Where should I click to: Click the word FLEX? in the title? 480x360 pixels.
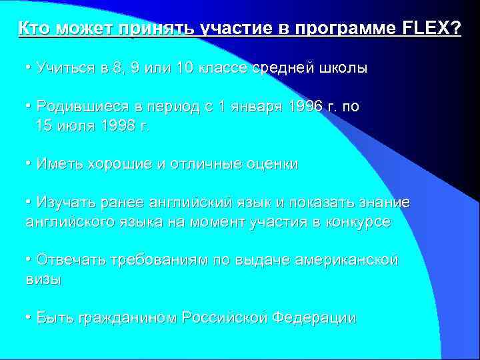click(432, 29)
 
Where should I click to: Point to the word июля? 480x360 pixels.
click(70, 126)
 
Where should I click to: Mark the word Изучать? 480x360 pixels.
click(64, 203)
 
